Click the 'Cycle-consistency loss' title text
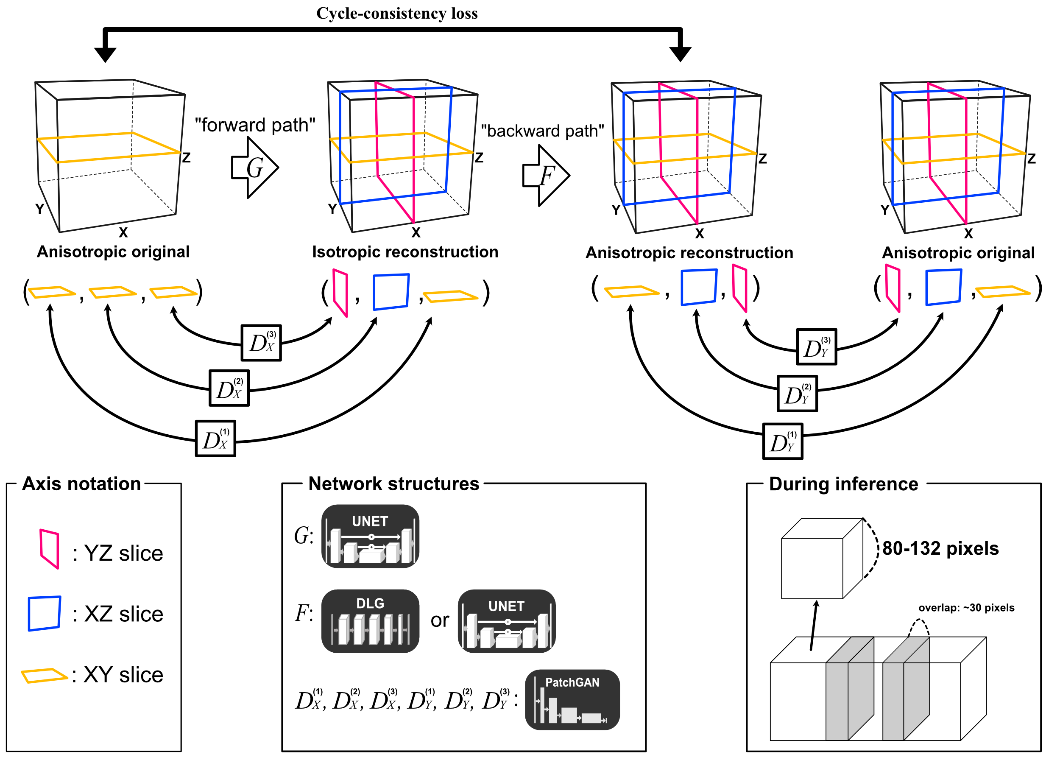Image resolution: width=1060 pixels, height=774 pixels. pos(397,13)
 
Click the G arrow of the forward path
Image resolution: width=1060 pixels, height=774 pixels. pos(255,167)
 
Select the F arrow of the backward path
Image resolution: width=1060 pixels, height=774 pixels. pos(546,176)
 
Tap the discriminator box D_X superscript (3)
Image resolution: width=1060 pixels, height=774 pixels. pos(261,343)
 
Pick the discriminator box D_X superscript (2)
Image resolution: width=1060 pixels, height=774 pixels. pos(229,388)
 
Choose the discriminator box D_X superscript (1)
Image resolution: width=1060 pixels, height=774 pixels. pos(215,439)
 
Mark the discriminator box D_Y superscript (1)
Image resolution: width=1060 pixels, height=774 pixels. pos(783,442)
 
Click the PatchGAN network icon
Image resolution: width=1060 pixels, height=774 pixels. pos(572,700)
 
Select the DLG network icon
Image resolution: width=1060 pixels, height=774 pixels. pos(370,621)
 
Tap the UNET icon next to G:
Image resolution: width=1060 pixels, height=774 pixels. pos(370,536)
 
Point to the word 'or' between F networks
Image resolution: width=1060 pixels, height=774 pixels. pos(440,621)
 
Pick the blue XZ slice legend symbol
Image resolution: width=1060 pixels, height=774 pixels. pos(45,613)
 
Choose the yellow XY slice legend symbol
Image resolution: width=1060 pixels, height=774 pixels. pos(44,675)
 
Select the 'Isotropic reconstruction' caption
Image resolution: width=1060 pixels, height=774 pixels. pos(405,252)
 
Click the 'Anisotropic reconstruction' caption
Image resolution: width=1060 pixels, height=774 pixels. pos(689,253)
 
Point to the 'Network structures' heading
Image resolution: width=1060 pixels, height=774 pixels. pos(394,484)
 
